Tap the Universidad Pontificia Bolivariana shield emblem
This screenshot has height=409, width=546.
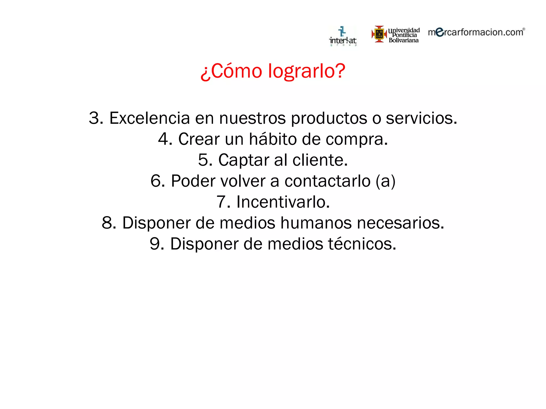point(379,34)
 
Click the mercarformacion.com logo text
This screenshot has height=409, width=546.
point(476,32)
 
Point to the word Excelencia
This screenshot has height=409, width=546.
point(150,118)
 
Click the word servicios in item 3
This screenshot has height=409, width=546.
point(421,118)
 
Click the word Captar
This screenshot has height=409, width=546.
point(244,160)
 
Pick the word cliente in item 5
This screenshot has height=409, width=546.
point(320,160)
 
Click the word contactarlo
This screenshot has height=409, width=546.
point(327,181)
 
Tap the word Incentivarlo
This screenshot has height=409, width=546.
point(283,202)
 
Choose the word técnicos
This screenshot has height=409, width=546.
point(362,244)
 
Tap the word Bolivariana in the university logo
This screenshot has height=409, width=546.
point(404,40)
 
